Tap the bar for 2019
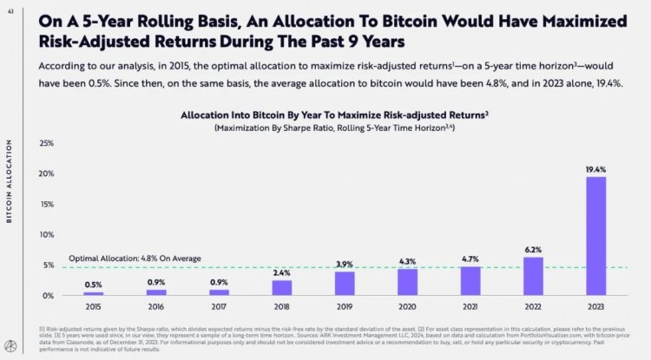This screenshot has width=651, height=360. point(345,284)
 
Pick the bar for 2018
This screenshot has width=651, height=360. point(281,288)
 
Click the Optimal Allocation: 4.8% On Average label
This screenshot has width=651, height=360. point(135,259)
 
